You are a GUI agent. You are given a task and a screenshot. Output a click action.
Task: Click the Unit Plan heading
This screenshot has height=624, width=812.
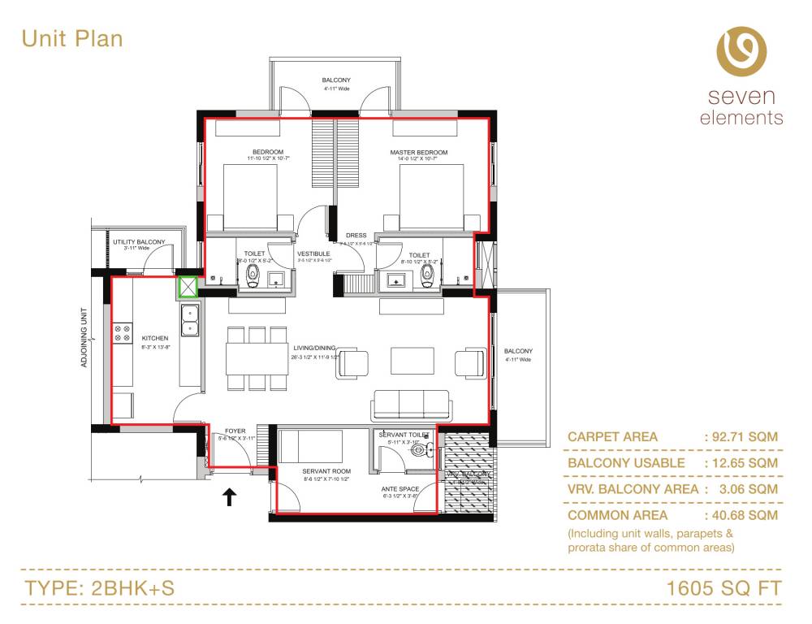72,38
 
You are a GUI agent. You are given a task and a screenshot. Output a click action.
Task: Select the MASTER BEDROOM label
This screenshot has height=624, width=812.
418,153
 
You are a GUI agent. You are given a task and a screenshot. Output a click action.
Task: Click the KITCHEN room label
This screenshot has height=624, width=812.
154,338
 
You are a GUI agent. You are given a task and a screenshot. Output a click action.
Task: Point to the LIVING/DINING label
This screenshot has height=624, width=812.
313,348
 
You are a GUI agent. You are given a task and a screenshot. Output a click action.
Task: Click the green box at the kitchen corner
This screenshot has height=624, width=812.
188,288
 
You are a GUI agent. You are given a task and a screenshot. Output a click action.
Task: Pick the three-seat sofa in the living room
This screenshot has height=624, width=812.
410,405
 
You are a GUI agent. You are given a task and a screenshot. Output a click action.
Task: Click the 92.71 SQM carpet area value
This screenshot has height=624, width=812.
745,437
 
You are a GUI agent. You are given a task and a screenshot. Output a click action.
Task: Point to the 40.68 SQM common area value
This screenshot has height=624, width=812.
745,515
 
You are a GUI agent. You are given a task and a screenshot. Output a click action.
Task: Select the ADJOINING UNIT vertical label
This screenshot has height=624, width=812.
84,337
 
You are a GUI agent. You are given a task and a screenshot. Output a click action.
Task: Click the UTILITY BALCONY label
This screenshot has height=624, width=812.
139,242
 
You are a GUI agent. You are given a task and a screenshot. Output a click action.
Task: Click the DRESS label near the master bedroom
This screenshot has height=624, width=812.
356,236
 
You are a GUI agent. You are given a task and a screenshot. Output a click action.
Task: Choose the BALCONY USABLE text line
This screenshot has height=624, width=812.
626,463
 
